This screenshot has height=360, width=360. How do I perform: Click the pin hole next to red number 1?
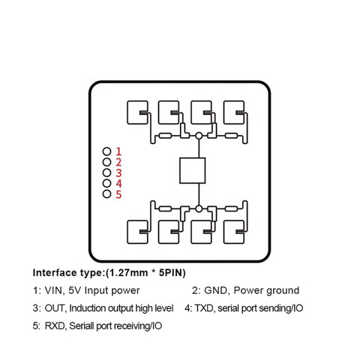pyautogui.click(x=106, y=151)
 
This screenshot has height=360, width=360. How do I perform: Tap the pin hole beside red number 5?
pyautogui.click(x=106, y=194)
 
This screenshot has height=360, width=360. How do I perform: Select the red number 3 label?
pyautogui.click(x=118, y=173)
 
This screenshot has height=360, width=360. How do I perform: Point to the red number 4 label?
pyautogui.click(x=118, y=184)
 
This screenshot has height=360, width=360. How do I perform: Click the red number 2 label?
pyautogui.click(x=118, y=162)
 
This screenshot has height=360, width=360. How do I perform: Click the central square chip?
pyautogui.click(x=193, y=170)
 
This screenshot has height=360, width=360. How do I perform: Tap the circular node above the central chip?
pyautogui.click(x=199, y=136)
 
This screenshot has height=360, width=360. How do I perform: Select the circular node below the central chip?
pyautogui.click(x=199, y=208)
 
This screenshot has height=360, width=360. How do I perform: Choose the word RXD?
pyautogui.click(x=55, y=326)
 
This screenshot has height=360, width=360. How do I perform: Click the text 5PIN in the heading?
pyautogui.click(x=171, y=273)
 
